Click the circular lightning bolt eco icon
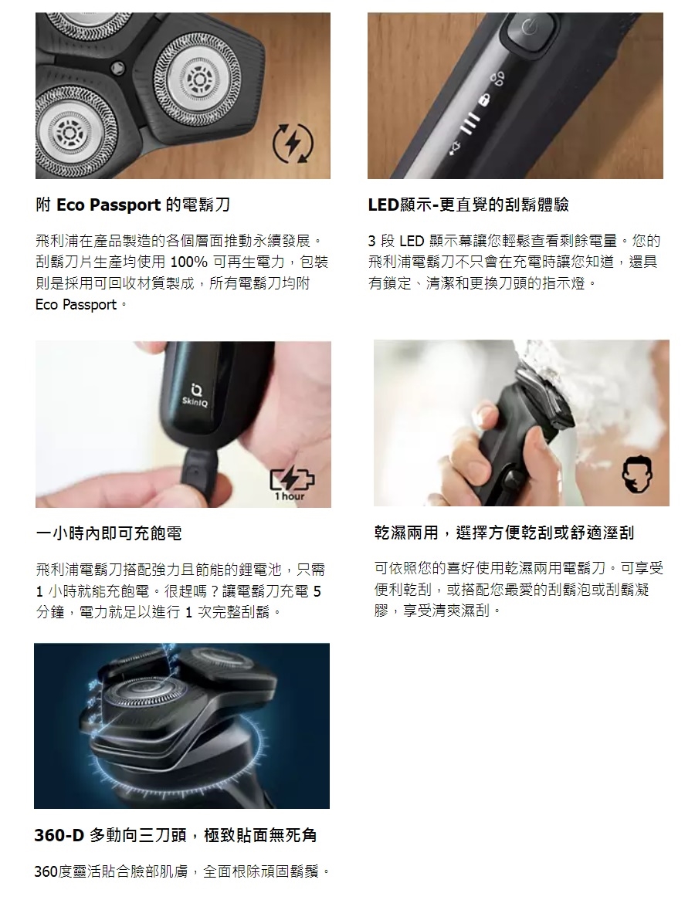click(293, 142)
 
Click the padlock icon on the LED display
click(485, 100)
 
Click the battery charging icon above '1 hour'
click(291, 479)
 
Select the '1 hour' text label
click(290, 497)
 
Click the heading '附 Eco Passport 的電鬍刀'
click(133, 205)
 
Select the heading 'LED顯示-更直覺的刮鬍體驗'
click(469, 205)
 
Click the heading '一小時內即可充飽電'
click(109, 533)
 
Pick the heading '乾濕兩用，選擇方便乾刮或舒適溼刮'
click(504, 533)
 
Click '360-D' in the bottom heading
click(59, 835)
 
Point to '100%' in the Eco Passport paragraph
click(188, 262)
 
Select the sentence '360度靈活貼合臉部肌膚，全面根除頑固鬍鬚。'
click(182, 871)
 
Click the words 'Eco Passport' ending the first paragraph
click(76, 305)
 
